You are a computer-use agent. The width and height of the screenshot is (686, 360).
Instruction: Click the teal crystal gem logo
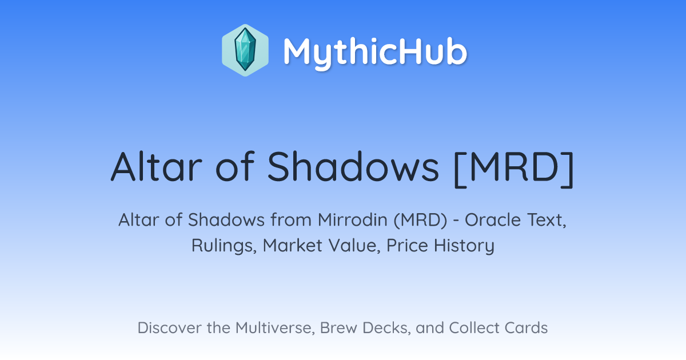[x=245, y=50]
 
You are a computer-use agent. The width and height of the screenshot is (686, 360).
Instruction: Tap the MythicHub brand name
[x=375, y=52]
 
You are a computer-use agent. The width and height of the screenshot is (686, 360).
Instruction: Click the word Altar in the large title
[x=157, y=167]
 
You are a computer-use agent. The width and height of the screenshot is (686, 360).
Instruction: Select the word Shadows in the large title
[x=353, y=167]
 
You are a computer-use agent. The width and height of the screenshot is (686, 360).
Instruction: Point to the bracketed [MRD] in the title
[x=514, y=169]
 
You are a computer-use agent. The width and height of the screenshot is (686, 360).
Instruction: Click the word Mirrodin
[x=353, y=220]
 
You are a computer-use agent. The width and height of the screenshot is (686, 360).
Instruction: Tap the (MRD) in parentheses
[x=421, y=220]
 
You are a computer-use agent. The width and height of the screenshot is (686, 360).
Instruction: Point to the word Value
[x=354, y=246]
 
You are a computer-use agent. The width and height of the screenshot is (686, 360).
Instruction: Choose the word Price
[x=407, y=245]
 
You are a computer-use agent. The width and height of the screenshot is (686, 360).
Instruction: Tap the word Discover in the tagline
[x=169, y=327]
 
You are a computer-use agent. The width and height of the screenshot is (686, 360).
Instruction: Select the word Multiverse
[x=275, y=328]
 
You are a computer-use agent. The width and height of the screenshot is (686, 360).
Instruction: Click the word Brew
[x=338, y=327]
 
